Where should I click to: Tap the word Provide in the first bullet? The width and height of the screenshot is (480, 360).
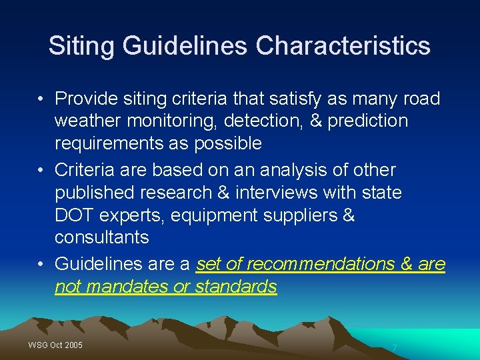coord(82,99)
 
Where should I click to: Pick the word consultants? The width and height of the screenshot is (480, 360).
coord(101,238)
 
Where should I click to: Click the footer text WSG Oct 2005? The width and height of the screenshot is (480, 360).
coord(55,345)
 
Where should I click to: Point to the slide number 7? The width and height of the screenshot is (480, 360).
coord(395,348)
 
